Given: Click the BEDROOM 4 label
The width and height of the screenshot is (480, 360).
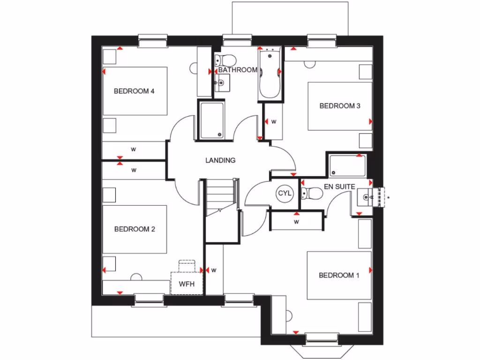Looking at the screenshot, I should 134,91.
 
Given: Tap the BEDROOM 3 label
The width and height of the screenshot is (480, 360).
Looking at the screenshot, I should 340,106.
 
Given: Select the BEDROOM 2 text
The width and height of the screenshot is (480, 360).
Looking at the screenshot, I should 135,229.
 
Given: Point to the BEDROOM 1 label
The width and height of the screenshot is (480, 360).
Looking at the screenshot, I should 339,275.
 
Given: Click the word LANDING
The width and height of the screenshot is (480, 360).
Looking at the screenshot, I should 220,160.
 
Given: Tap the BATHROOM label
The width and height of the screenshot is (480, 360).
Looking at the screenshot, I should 238,70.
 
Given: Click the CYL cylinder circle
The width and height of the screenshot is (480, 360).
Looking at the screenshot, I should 285,193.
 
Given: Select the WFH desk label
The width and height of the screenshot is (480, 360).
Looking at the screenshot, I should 187,284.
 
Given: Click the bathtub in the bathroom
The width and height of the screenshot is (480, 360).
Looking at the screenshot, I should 270,75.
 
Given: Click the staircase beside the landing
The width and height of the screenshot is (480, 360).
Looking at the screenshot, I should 221,197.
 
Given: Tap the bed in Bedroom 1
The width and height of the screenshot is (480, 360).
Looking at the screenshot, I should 339,275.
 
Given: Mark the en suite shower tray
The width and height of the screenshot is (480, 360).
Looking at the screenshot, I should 347,165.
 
